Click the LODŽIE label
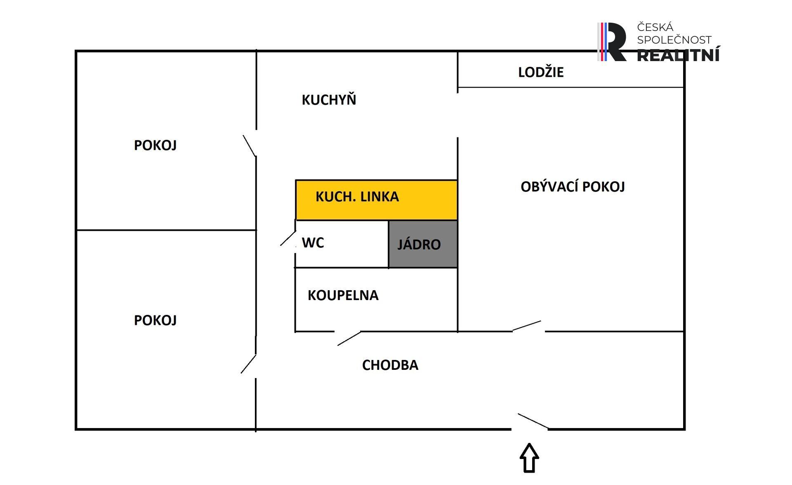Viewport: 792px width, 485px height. pos(541,72)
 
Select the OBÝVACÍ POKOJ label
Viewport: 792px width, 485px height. pos(573,187)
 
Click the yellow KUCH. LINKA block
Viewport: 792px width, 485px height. pos(376,200)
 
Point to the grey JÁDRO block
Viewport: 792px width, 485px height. pos(423,244)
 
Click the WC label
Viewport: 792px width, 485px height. pos(313,243)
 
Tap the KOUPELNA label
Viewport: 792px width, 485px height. pos(343,295)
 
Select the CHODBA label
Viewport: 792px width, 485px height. pos(390,365)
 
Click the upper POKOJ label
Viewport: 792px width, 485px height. pos(155,145)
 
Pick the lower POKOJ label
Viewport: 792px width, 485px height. pos(155,320)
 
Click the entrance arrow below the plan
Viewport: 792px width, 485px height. pos(529,457)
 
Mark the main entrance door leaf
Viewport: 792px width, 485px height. pos(533,421)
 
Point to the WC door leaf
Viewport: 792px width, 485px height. pos(288,238)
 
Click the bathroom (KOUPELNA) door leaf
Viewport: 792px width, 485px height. pos(349,338)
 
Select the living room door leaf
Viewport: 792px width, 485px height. pos(526,326)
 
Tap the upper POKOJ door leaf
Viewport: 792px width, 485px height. pos(250,146)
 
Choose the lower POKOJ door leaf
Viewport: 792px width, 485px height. pos(248,364)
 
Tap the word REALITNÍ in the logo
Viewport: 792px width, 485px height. pos(678,55)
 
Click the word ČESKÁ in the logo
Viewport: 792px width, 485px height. pos(655,27)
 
